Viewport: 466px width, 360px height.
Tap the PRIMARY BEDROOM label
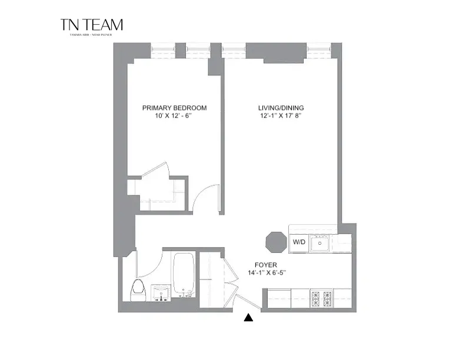point(175,108)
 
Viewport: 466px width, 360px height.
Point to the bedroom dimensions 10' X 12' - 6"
point(175,116)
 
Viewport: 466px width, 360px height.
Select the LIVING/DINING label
point(280,108)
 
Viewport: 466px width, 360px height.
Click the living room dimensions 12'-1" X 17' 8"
point(280,116)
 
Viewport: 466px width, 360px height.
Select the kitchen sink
point(321,242)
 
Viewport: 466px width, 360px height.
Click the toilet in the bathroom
point(139,291)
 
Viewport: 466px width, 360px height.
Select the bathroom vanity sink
point(161,293)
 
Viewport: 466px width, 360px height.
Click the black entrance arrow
point(249,318)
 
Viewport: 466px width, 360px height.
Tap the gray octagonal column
point(274,241)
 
